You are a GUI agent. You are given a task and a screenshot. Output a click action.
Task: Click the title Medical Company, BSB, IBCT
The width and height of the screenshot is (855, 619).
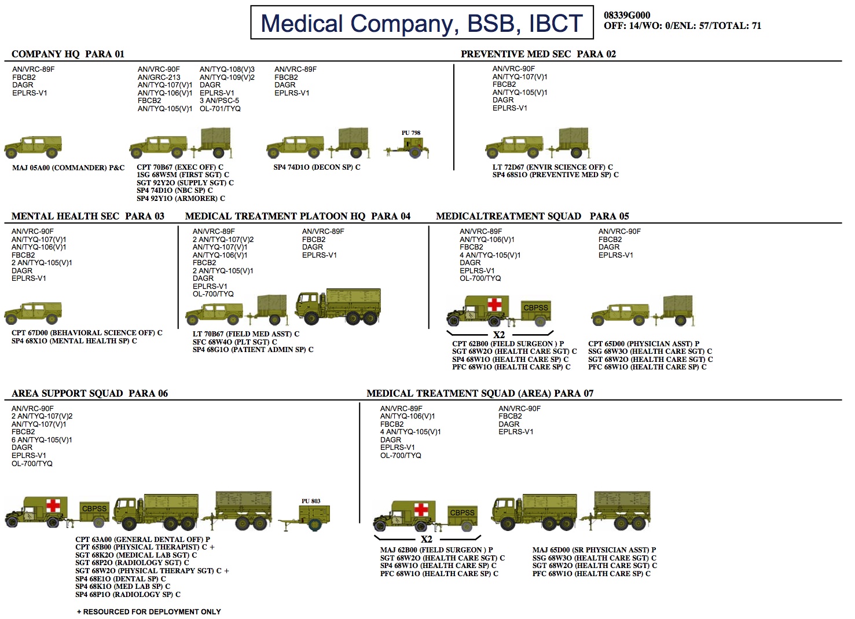421,23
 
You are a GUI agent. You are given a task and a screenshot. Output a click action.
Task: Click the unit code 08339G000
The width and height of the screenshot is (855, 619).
627,15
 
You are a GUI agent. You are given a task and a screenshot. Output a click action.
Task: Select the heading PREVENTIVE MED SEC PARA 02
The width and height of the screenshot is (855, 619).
538,54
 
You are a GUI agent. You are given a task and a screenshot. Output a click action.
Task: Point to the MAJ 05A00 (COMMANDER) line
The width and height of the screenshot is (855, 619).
68,168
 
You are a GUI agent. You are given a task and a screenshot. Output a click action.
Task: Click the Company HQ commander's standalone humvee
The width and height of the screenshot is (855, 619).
34,146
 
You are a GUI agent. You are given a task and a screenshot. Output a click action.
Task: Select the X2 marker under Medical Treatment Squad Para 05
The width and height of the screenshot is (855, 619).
499,335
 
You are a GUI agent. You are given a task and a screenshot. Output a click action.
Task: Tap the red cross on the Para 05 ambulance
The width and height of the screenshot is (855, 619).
494,305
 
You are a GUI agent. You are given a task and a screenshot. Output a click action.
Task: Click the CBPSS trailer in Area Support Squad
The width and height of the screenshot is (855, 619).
94,513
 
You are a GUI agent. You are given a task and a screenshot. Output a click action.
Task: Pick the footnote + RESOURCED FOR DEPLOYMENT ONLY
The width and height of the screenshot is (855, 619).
149,611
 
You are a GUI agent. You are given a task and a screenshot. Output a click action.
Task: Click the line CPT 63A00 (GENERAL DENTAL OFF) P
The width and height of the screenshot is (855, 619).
142,539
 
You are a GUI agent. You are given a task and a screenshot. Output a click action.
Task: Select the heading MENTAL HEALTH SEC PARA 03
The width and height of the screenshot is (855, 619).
87,216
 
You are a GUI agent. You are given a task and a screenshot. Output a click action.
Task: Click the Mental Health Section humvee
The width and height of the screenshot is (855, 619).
34,313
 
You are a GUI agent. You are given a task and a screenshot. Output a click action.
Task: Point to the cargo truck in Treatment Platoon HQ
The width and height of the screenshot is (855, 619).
338,306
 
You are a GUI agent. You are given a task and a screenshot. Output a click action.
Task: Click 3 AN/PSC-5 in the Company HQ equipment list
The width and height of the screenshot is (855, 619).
219,101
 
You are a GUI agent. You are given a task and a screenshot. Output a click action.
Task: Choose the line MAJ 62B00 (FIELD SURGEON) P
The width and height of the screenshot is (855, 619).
436,550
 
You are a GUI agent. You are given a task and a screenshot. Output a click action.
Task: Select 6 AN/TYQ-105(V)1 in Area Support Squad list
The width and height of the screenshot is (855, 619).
42,439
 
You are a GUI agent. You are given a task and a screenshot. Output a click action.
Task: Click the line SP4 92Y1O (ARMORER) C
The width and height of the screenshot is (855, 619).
181,198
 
